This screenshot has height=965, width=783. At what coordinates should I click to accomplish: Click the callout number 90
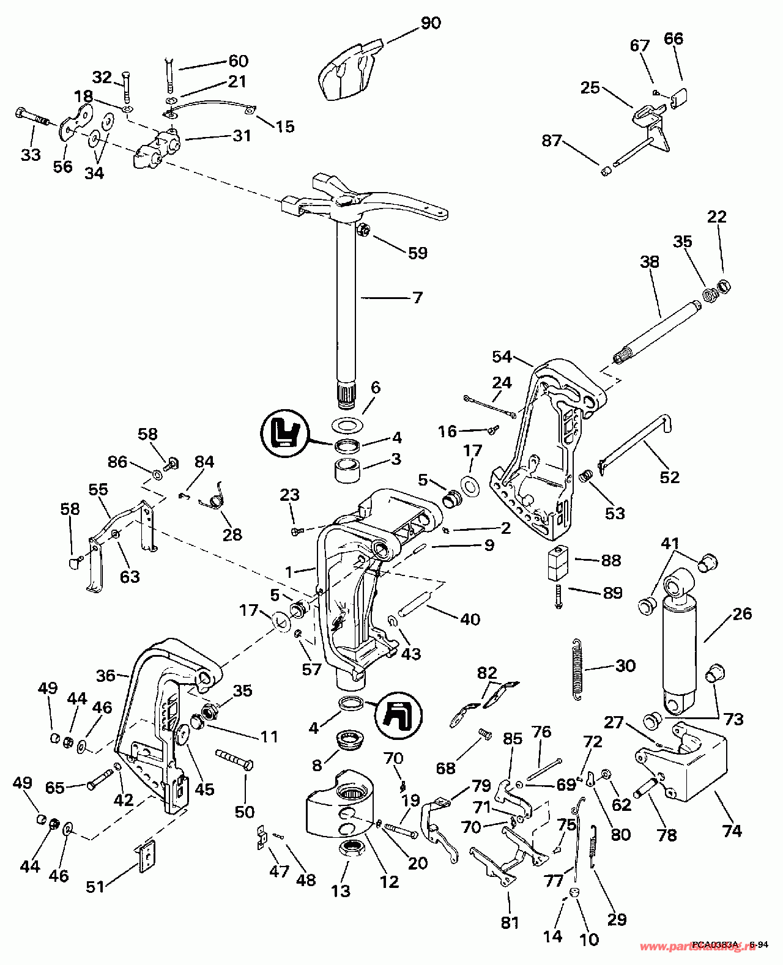click(x=431, y=23)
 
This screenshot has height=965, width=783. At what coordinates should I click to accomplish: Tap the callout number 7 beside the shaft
click(x=417, y=298)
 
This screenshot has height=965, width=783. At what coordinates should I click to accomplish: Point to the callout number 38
click(x=650, y=262)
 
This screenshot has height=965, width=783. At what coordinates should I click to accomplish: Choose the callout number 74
click(x=732, y=830)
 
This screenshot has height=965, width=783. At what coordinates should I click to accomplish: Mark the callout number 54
click(x=502, y=357)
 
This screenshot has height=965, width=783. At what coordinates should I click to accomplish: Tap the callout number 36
click(x=106, y=675)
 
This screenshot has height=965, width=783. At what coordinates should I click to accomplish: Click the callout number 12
click(x=389, y=881)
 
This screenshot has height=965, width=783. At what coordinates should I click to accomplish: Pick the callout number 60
click(x=238, y=61)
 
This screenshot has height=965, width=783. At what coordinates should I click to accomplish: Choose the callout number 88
click(x=611, y=560)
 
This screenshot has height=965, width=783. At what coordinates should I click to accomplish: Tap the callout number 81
click(x=510, y=922)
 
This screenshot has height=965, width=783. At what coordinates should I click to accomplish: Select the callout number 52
click(x=669, y=477)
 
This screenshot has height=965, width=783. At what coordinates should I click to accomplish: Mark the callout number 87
click(x=551, y=141)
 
